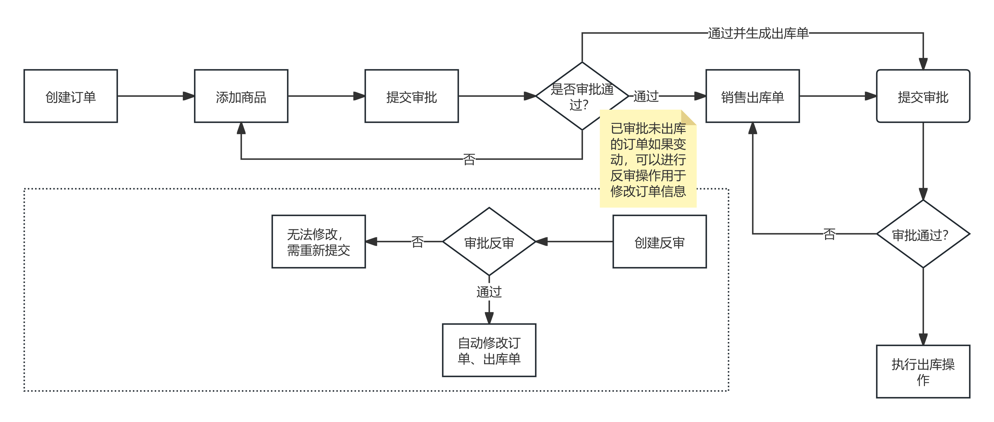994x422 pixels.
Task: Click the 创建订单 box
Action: (71, 96)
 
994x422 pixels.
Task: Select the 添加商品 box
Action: (241, 96)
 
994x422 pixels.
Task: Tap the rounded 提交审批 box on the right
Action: (923, 96)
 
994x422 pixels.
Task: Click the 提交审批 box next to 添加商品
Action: (411, 96)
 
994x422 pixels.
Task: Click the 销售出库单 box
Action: (752, 96)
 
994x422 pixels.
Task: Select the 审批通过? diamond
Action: (923, 234)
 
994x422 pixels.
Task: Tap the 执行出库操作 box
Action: (923, 371)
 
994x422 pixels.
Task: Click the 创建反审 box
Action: (659, 242)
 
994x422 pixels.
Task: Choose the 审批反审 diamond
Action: (489, 242)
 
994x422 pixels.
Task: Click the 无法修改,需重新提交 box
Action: (318, 242)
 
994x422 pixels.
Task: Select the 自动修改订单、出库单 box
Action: (489, 350)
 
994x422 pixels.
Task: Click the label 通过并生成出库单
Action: (758, 33)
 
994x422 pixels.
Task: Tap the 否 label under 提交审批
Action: (469, 159)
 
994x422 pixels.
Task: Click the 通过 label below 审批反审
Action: (489, 292)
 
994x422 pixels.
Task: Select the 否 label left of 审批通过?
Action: (829, 234)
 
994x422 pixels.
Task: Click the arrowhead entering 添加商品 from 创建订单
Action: (189, 96)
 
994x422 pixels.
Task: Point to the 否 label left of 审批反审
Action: (417, 242)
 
